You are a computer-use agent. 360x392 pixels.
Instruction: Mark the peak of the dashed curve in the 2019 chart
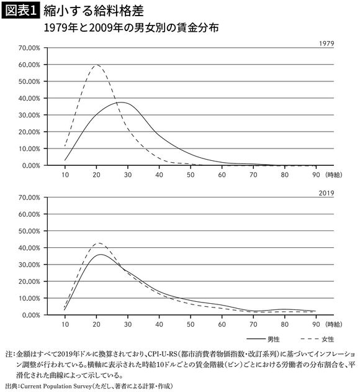97,243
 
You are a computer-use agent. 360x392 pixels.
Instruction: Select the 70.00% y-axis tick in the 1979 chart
29,48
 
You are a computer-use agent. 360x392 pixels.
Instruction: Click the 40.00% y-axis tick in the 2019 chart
29,248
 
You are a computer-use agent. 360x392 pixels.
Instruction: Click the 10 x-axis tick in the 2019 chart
65,324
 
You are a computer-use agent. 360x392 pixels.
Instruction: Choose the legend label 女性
326,339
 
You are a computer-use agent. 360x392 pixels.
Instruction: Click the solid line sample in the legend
256,339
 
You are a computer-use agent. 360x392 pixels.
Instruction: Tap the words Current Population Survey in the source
62,386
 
